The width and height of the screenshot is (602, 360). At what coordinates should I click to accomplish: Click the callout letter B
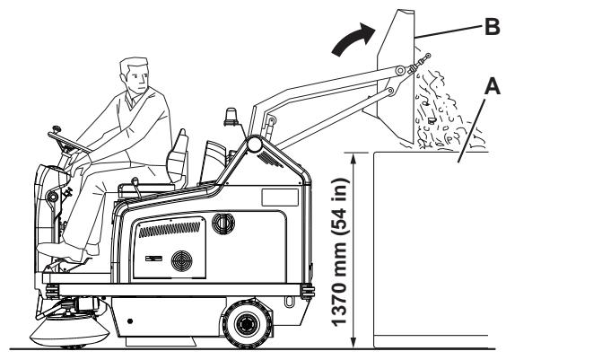[x=492, y=27]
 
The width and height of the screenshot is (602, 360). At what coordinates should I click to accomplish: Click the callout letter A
[x=493, y=86]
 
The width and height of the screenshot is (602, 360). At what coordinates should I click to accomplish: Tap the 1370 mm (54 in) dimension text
[x=339, y=252]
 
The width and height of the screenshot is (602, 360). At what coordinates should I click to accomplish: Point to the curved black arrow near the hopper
[x=354, y=39]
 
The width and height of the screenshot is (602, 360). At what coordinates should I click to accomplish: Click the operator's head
[x=135, y=75]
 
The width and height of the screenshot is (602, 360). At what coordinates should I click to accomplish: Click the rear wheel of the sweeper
[x=248, y=324]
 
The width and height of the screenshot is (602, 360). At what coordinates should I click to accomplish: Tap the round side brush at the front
[x=69, y=331]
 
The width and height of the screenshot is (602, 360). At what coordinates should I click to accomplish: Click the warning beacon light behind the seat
[x=231, y=118]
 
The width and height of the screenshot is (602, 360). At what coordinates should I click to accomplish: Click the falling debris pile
[x=445, y=111]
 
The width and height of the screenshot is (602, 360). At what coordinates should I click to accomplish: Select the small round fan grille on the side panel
[x=181, y=261]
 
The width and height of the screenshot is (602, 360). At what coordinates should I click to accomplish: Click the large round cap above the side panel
[x=223, y=224]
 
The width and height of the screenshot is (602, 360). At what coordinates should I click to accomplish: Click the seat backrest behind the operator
[x=178, y=155]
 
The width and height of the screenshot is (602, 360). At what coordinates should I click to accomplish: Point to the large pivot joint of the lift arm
[x=254, y=145]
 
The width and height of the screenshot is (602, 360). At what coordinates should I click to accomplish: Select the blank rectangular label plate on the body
[x=280, y=198]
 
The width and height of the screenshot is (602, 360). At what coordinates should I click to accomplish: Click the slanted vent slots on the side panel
[x=170, y=229]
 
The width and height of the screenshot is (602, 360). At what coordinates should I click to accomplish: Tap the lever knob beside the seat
[x=134, y=180]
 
